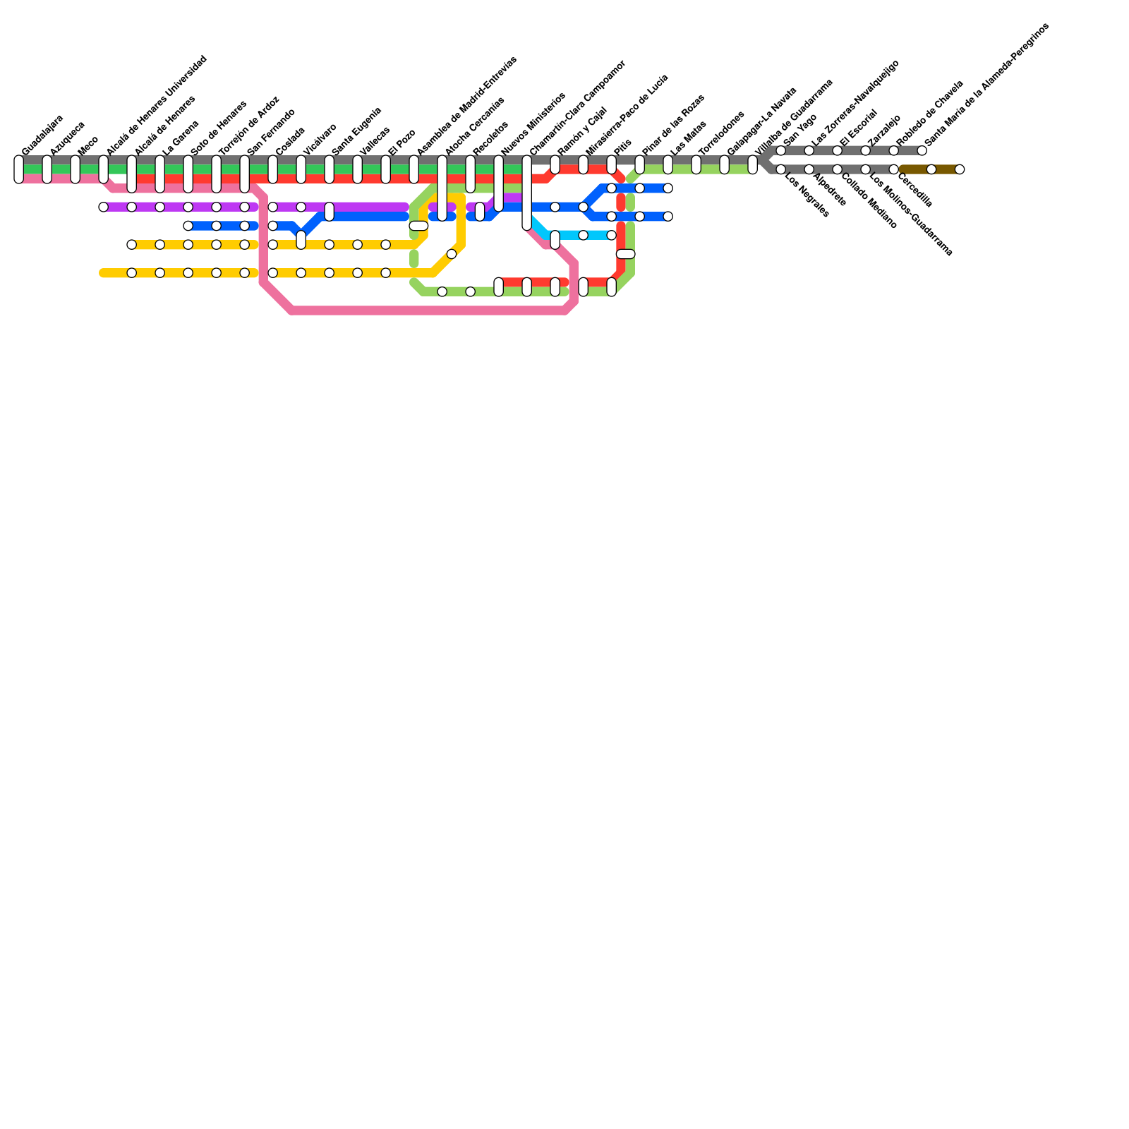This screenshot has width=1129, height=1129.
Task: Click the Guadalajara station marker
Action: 19,169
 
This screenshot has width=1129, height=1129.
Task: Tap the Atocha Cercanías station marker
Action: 442,188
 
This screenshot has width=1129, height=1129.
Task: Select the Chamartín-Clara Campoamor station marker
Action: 527,193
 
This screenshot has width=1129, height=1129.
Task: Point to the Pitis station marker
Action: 612,165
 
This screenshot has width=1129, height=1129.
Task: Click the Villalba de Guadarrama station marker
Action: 753,165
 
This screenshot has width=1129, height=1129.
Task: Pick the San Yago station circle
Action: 781,151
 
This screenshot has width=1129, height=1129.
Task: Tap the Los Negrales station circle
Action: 781,169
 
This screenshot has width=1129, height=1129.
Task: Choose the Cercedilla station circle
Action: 894,169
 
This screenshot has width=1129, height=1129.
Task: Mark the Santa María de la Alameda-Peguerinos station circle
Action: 922,151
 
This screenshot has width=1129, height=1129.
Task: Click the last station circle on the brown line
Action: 960,169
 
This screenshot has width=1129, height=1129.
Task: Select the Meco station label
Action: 88,145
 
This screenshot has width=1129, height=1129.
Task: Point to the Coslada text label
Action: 290,141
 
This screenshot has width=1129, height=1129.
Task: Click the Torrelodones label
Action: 721,133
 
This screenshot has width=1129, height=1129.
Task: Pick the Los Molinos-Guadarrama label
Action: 911,214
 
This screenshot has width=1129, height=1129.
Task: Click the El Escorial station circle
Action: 838,151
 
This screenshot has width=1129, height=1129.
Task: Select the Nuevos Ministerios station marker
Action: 499,183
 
